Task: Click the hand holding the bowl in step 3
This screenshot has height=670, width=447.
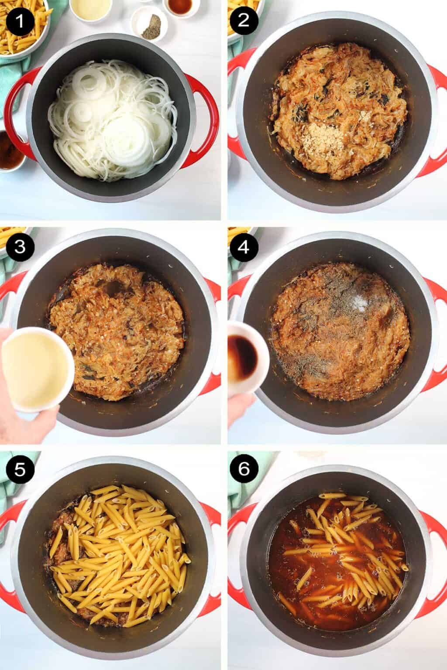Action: pos(22,419)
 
